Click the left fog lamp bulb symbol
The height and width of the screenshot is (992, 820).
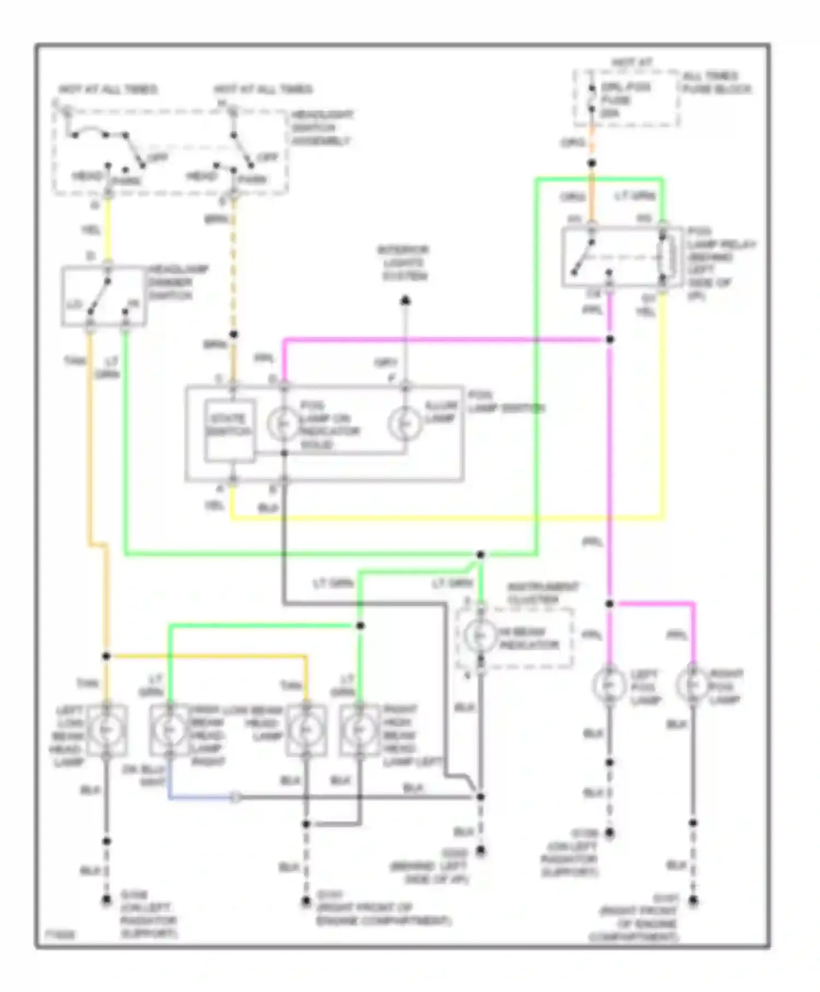609,684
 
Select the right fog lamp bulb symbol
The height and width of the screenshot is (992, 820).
693,684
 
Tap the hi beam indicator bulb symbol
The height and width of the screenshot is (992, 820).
480,635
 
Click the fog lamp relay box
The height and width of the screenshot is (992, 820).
622,256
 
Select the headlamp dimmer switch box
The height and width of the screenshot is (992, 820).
103,296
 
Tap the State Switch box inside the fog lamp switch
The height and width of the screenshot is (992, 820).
230,430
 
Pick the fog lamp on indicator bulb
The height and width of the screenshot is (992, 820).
283,424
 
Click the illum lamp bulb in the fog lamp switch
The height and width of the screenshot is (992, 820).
405,424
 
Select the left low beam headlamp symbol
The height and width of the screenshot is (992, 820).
106,730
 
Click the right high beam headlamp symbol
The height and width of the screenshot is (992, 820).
359,730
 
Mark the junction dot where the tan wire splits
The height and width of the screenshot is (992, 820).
107,656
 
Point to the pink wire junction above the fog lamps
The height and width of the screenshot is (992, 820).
610,604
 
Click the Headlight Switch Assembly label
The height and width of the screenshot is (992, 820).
321,127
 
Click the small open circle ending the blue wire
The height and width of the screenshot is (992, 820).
235,797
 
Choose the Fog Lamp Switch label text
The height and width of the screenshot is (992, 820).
506,402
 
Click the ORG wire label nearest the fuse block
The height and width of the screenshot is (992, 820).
572,143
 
